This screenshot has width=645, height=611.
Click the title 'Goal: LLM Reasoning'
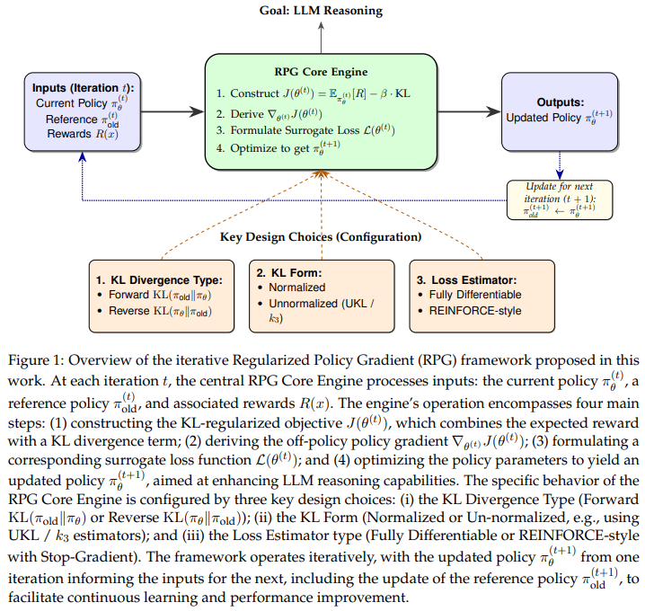click(x=321, y=10)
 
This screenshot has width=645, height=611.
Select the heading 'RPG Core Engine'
click(x=321, y=72)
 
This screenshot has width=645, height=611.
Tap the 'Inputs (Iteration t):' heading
click(x=83, y=88)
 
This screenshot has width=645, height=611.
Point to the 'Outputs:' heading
click(x=560, y=102)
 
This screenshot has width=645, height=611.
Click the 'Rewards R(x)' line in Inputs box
click(x=83, y=134)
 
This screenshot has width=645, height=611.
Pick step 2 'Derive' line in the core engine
click(x=269, y=114)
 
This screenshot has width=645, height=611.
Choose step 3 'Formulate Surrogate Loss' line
click(x=305, y=130)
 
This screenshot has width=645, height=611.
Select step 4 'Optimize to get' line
click(x=278, y=148)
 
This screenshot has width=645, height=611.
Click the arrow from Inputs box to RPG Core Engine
click(x=172, y=111)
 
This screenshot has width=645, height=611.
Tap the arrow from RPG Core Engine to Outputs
click(x=469, y=111)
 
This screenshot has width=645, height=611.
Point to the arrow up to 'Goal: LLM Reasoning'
click(x=321, y=38)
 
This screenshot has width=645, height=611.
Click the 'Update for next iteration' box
click(x=560, y=200)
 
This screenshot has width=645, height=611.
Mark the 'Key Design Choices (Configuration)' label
click(x=321, y=237)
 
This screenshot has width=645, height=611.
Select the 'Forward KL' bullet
click(x=155, y=295)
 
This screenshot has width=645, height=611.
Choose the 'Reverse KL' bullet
click(x=155, y=311)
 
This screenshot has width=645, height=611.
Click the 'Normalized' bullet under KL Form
click(x=291, y=288)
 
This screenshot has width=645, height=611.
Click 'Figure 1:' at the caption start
click(x=36, y=360)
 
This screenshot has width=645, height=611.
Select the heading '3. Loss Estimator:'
click(x=466, y=280)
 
